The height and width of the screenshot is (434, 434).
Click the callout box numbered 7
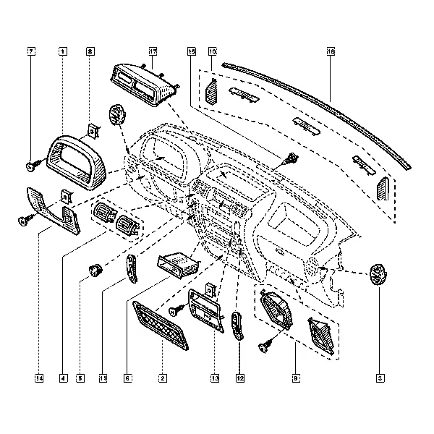coord(31,52)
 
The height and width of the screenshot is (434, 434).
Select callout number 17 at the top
coord(153,52)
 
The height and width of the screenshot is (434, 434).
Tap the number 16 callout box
coord(331,52)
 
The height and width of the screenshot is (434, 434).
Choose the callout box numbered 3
coord(380,378)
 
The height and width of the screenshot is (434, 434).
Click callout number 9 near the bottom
coord(296,378)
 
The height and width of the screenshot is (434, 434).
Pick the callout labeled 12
coord(239,378)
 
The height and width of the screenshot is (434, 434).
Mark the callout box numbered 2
coord(163,378)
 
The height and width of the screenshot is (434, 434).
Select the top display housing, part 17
coord(145,84)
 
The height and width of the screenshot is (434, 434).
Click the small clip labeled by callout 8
coord(93,129)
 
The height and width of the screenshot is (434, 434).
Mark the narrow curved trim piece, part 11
coord(131,270)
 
